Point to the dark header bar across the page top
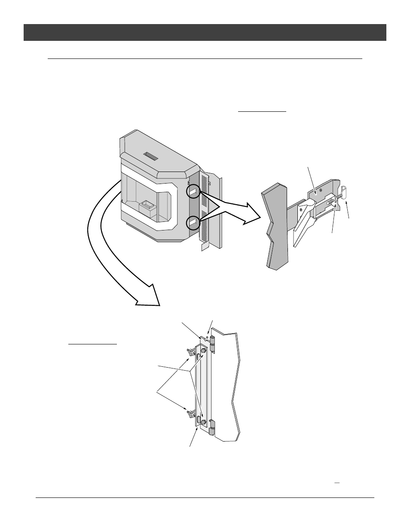click(x=205, y=32)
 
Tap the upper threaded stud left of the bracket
click(x=189, y=352)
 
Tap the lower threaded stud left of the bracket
click(x=189, y=414)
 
